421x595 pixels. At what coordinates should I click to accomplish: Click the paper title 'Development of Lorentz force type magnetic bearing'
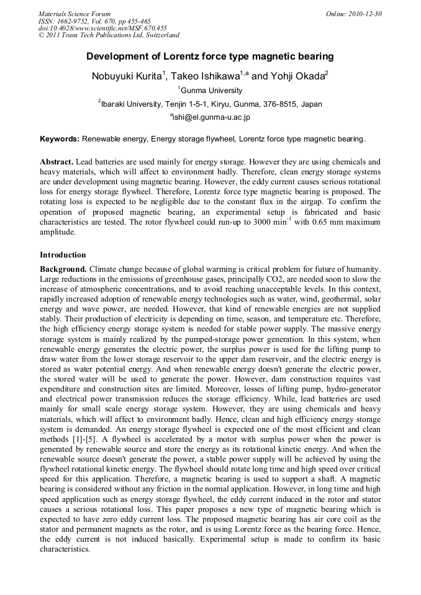210,56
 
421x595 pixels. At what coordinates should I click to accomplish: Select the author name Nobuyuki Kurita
127,76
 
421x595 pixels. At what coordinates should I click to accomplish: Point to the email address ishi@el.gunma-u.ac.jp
211,117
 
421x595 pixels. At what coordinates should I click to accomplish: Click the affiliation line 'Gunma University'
211,91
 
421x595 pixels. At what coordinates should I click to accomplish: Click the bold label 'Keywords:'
60,139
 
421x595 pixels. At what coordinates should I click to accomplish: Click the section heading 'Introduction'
63,255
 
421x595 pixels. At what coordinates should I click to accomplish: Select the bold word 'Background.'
63,269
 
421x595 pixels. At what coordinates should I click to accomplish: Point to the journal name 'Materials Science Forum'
75,14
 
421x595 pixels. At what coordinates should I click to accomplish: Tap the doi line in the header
102,29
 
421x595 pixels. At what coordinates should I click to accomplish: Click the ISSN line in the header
94,21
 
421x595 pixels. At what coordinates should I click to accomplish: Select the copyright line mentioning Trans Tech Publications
109,36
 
